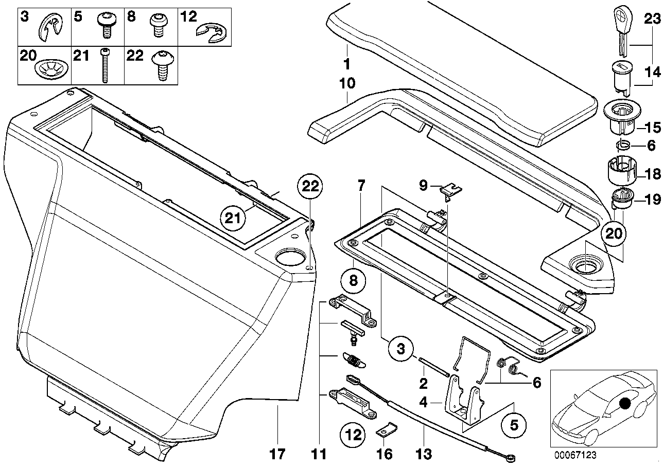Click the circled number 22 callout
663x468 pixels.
pos(310,187)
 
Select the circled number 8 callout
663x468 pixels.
pos(353,281)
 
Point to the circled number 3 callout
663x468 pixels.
pos(400,349)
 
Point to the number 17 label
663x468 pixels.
pos(278,454)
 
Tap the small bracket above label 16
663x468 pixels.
pos(386,431)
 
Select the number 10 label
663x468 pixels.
pos(347,84)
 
